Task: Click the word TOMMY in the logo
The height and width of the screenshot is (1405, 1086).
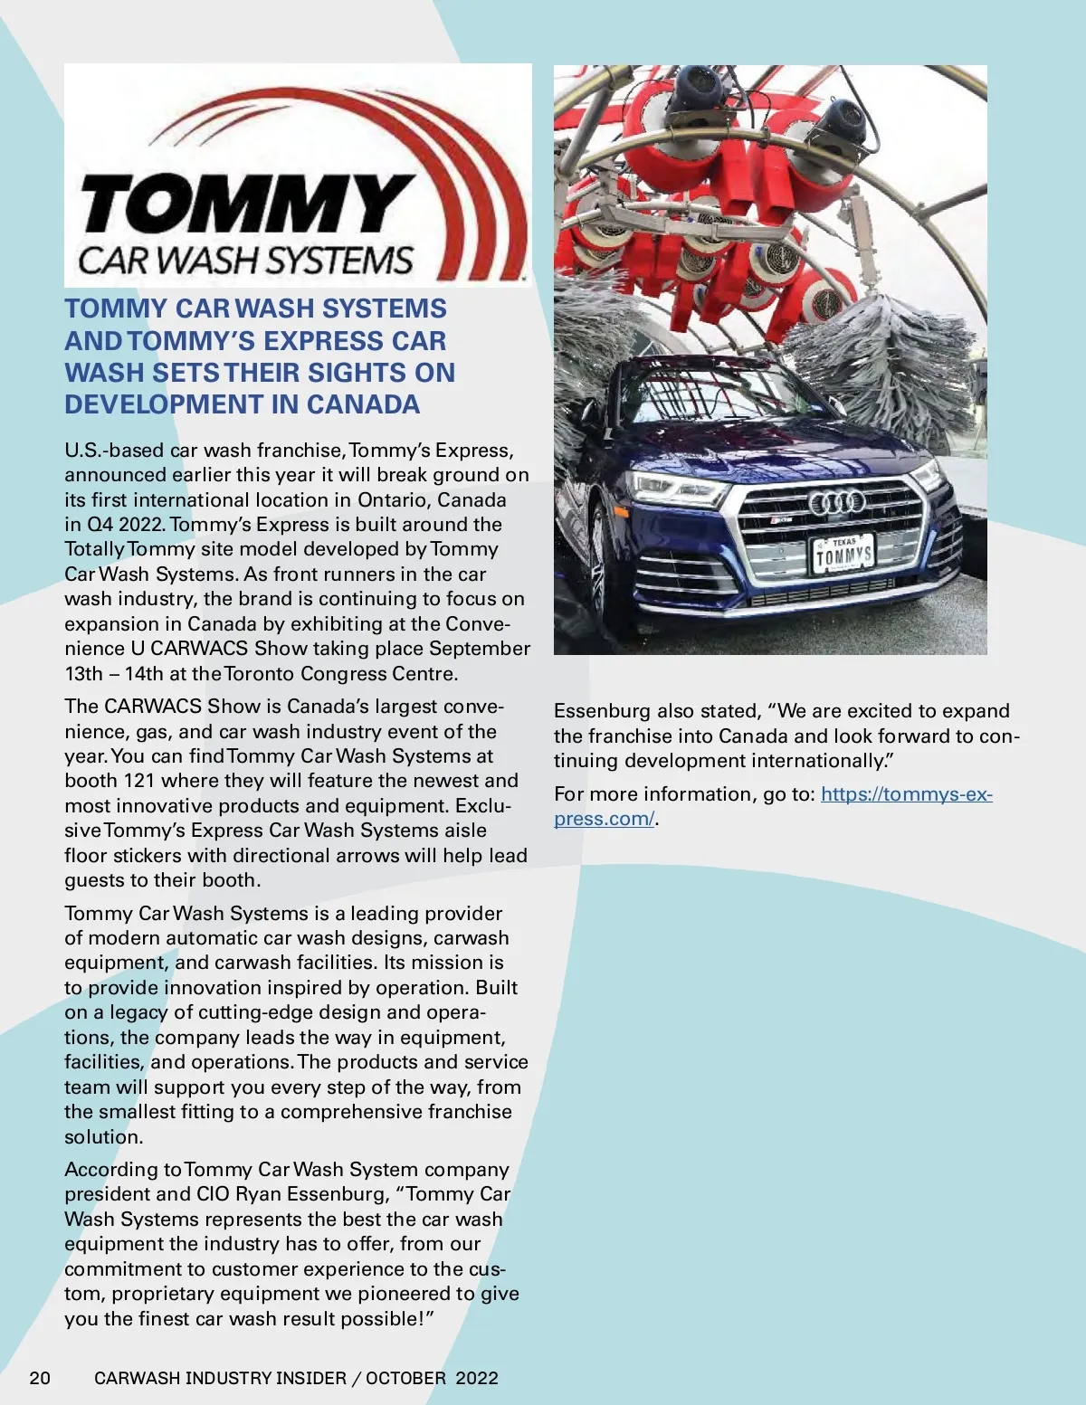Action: pyautogui.click(x=244, y=204)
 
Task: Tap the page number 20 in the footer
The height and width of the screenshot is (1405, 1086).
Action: pyautogui.click(x=40, y=1378)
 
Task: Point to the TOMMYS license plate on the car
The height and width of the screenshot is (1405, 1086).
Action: pyautogui.click(x=842, y=554)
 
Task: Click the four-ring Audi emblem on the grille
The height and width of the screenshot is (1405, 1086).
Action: pyautogui.click(x=836, y=502)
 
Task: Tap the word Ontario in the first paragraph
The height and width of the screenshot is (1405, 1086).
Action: pyautogui.click(x=395, y=499)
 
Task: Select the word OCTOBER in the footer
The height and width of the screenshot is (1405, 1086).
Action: pyautogui.click(x=405, y=1378)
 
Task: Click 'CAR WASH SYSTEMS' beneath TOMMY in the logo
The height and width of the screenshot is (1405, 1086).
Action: pyautogui.click(x=246, y=261)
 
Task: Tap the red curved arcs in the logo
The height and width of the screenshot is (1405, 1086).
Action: pyautogui.click(x=480, y=181)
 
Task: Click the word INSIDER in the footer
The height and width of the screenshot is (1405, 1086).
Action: pyautogui.click(x=308, y=1378)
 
